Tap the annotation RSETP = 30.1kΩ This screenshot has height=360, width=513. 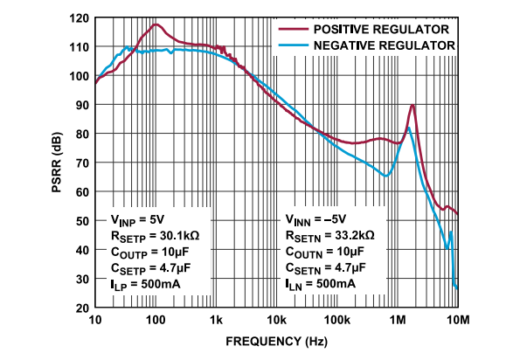[154, 235]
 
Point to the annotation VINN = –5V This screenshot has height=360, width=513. [316, 219]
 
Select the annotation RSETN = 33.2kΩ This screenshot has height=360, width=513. [329, 235]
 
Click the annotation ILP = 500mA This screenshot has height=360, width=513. [146, 284]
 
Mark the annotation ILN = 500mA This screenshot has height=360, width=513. [321, 284]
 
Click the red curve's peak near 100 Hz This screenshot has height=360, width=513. [156, 25]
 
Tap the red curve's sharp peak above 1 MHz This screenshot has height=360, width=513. [412, 106]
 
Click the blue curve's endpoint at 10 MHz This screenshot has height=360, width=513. [457, 287]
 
